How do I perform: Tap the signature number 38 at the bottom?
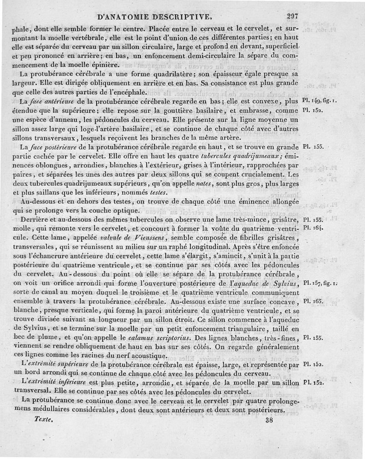(268, 421)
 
